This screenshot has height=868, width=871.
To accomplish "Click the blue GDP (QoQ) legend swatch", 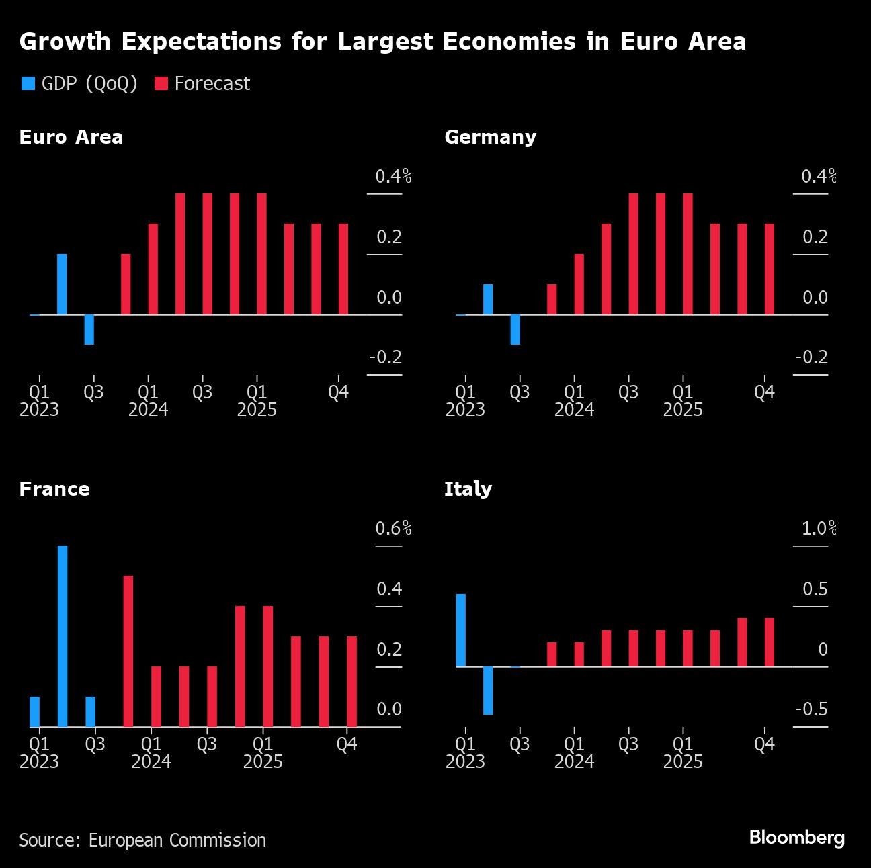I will pyautogui.click(x=28, y=83).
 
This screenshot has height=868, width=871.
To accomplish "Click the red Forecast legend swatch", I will pyautogui.click(x=161, y=83).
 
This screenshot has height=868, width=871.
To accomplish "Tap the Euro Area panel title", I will pyautogui.click(x=71, y=137).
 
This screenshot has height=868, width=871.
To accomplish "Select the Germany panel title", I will pyautogui.click(x=490, y=137).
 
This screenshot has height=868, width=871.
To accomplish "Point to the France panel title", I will pyautogui.click(x=54, y=488).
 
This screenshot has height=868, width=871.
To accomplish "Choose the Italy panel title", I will pyautogui.click(x=468, y=488).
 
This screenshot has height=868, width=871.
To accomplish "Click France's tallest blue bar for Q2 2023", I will pyautogui.click(x=63, y=636).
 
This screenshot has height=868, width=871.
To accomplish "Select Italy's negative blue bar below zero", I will pyautogui.click(x=488, y=690).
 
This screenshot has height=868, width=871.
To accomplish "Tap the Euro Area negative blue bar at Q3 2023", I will pyautogui.click(x=89, y=329).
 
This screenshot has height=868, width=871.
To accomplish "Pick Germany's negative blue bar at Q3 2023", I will pyautogui.click(x=515, y=329).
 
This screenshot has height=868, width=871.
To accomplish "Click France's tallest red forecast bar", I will pyautogui.click(x=128, y=650).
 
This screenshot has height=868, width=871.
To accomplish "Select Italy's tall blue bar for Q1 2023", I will pyautogui.click(x=460, y=630).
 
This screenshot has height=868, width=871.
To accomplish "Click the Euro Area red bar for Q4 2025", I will pyautogui.click(x=343, y=269).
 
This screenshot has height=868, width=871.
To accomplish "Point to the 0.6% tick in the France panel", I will pyautogui.click(x=393, y=529).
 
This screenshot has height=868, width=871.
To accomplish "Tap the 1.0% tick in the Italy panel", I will pyautogui.click(x=818, y=529).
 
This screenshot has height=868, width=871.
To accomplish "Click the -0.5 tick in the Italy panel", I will pyautogui.click(x=811, y=709).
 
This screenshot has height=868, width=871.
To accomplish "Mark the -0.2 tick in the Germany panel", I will pyautogui.click(x=811, y=357).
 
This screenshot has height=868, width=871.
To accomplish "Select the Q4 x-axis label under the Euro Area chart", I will pyautogui.click(x=338, y=392).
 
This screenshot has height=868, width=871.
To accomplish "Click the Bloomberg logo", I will pyautogui.click(x=796, y=837).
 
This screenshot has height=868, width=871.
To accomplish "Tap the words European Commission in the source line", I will pyautogui.click(x=177, y=840).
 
